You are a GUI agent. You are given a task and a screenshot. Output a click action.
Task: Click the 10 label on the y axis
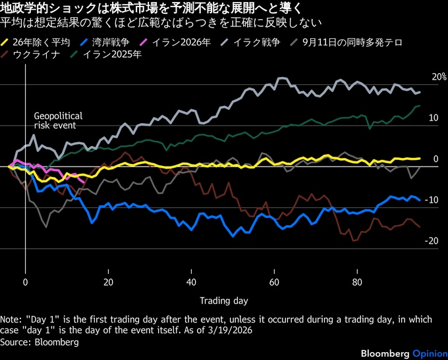pyautogui.click(x=433, y=118)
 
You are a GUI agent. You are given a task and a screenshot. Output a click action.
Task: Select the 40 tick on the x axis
pyautogui.click(x=191, y=282)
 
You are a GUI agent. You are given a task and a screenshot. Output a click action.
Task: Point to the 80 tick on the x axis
pyautogui.click(x=357, y=282)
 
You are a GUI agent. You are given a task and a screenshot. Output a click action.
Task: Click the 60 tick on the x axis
pyautogui.click(x=274, y=282)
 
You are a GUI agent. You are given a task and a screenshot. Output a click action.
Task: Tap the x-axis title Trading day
pyautogui.click(x=223, y=301)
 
